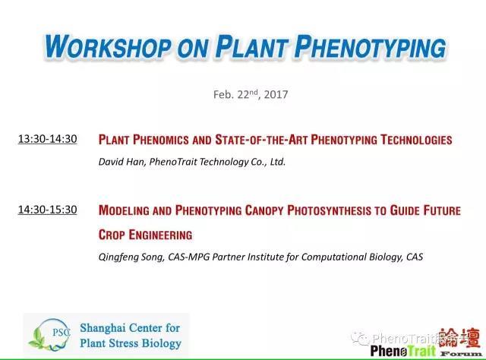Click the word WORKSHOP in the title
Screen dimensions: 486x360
[108, 46]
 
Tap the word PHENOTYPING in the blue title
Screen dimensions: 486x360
[371, 46]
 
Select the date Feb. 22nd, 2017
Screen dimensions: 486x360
[251, 94]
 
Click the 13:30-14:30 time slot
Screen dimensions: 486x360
[47, 138]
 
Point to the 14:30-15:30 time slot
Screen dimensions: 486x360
[47, 210]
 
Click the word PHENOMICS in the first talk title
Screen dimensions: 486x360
[161, 140]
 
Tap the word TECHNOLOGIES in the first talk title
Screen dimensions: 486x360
[416, 140]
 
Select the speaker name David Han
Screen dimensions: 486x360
[121, 162]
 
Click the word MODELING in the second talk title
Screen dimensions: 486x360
[124, 210]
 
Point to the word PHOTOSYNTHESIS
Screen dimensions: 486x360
[329, 210]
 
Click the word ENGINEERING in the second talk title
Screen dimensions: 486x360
[160, 235]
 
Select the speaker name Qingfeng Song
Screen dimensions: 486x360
[131, 257]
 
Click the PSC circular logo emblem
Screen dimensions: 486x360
[50, 335]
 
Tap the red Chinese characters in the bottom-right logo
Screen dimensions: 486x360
[460, 338]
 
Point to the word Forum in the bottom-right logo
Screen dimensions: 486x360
[461, 353]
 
